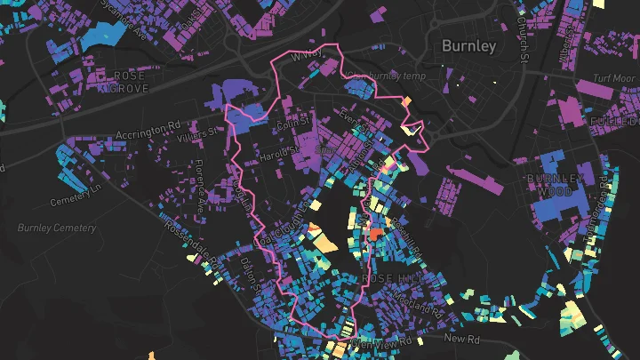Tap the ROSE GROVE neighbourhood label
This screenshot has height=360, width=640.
coord(128,83)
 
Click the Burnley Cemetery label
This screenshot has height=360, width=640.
coord(56,228)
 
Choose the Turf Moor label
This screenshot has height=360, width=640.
coord(611,78)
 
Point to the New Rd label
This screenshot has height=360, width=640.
coord(461,339)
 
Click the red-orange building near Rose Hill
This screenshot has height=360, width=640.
coord(374,234)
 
